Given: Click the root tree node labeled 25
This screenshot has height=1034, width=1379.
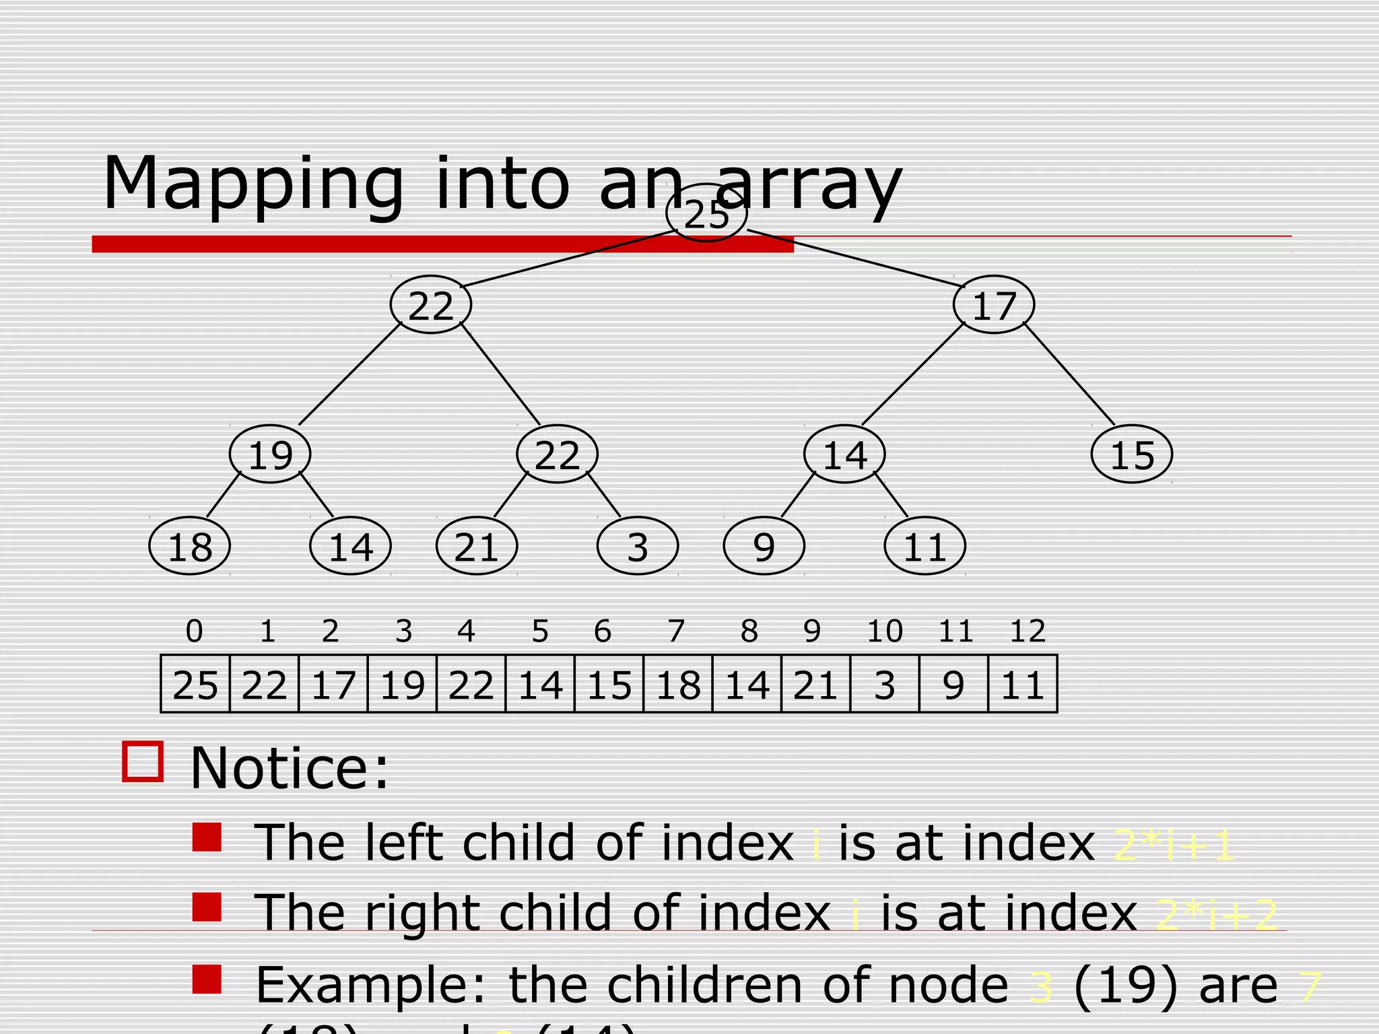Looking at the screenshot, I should (706, 213).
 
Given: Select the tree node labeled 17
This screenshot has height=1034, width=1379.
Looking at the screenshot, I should (994, 305).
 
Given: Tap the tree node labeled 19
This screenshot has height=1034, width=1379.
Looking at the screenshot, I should (270, 454).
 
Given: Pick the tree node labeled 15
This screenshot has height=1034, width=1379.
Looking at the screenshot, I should (1132, 454).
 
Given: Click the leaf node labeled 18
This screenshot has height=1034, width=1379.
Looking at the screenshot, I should (190, 546).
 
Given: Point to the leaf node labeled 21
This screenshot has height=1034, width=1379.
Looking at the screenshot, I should (477, 546).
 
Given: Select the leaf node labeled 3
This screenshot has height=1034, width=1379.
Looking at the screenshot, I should (638, 546).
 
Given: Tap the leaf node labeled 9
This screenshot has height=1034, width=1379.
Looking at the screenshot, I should (764, 546).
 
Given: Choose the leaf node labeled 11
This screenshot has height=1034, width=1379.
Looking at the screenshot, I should (924, 546).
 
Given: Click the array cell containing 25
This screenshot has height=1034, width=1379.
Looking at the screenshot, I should (195, 685).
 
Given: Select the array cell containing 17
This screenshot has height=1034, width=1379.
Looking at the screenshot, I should (333, 685).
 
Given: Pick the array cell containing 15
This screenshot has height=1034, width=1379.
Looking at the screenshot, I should (609, 685).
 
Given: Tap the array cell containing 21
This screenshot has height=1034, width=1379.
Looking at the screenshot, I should (815, 685).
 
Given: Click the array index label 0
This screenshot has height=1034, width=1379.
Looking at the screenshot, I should (194, 631).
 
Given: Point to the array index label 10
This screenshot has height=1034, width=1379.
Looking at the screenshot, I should (884, 631).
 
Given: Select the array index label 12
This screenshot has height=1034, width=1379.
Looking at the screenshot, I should (1028, 631).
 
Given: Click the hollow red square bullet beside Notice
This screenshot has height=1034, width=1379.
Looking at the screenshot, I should (143, 762).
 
